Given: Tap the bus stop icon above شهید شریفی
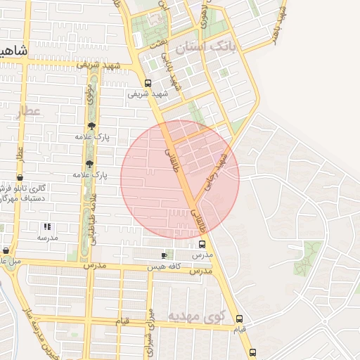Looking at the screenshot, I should tap(147, 82).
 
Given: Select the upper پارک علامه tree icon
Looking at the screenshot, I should tap(91, 127).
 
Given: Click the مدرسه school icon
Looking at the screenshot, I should tap(47, 226).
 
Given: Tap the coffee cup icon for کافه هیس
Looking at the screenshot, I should tap(164, 255).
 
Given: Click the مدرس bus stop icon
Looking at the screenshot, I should tap(202, 243).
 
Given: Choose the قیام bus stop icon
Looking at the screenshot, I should tap(240, 318).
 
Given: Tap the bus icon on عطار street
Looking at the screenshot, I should tap(20, 179).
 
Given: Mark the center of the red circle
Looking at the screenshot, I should tap(180, 179).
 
